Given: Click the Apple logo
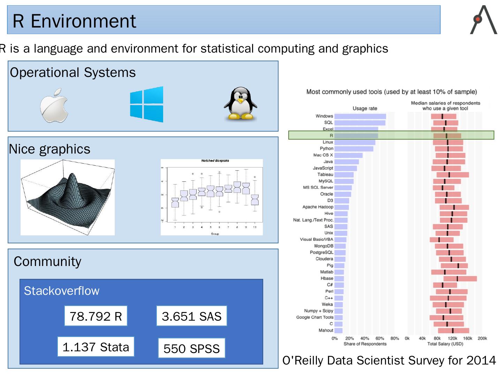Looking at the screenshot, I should pyautogui.click(x=54, y=105).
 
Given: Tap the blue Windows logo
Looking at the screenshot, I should pyautogui.click(x=146, y=104).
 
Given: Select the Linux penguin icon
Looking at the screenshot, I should pyautogui.click(x=240, y=103).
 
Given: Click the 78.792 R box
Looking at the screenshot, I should pyautogui.click(x=96, y=316).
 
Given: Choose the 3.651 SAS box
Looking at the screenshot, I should pyautogui.click(x=191, y=316).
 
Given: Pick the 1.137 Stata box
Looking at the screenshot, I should pyautogui.click(x=96, y=347).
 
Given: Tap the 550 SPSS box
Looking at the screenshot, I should pyautogui.click(x=191, y=348).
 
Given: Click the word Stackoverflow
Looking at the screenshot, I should pyautogui.click(x=61, y=291).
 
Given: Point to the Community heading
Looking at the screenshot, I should pyautogui.click(x=47, y=261).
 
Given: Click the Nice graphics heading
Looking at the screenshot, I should pyautogui.click(x=50, y=149).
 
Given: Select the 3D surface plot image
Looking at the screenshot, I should pyautogui.click(x=68, y=197).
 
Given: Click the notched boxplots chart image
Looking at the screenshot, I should pyautogui.click(x=212, y=197).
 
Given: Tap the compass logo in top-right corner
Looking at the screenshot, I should pyautogui.click(x=484, y=20).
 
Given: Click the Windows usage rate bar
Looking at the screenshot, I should pyautogui.click(x=360, y=116).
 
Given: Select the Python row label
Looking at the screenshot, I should pyautogui.click(x=327, y=149).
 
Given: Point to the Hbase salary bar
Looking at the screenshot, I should pyautogui.click(x=460, y=279).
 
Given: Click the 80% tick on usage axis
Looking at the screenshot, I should pyautogui.click(x=395, y=338).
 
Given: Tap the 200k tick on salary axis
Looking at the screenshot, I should pyautogui.click(x=482, y=338).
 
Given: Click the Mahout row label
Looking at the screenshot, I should pyautogui.click(x=326, y=330).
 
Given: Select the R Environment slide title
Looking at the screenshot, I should pyautogui.click(x=74, y=21).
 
